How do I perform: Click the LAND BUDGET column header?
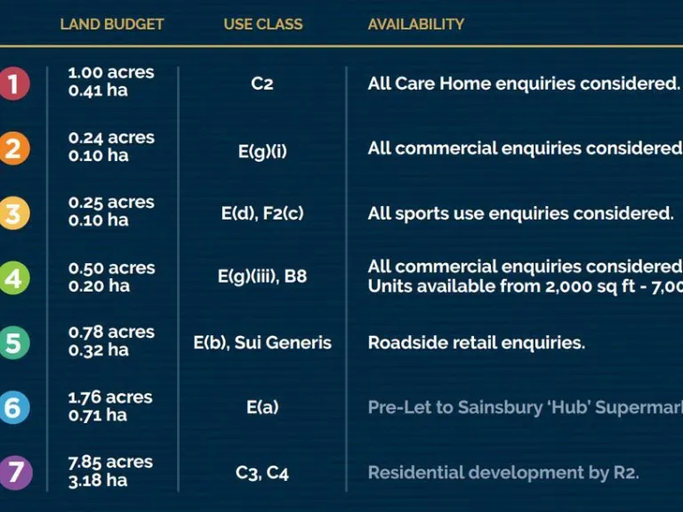pos(112,24)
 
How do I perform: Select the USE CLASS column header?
pos(262,24)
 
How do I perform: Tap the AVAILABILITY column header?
pos(416,24)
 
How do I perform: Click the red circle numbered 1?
pos(12,84)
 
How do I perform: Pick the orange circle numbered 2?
pos(12,148)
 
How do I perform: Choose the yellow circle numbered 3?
pos(12,213)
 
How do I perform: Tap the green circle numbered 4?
pos(12,278)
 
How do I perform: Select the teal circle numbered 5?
pos(12,342)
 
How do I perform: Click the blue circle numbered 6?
pos(12,407)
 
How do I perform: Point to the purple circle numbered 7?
pos(12,472)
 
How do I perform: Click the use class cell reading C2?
pos(262,84)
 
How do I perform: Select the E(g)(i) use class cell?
pos(262,150)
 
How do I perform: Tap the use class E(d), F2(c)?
pos(262,213)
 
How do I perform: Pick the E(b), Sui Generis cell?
pos(262,342)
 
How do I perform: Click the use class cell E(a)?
pos(262,407)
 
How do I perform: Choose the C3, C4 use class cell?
pos(262,472)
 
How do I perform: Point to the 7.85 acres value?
pos(111,462)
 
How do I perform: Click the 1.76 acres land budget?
pos(111,397)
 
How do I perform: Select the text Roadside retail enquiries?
pos(477,342)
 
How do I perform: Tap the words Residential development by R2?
pos(503,472)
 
